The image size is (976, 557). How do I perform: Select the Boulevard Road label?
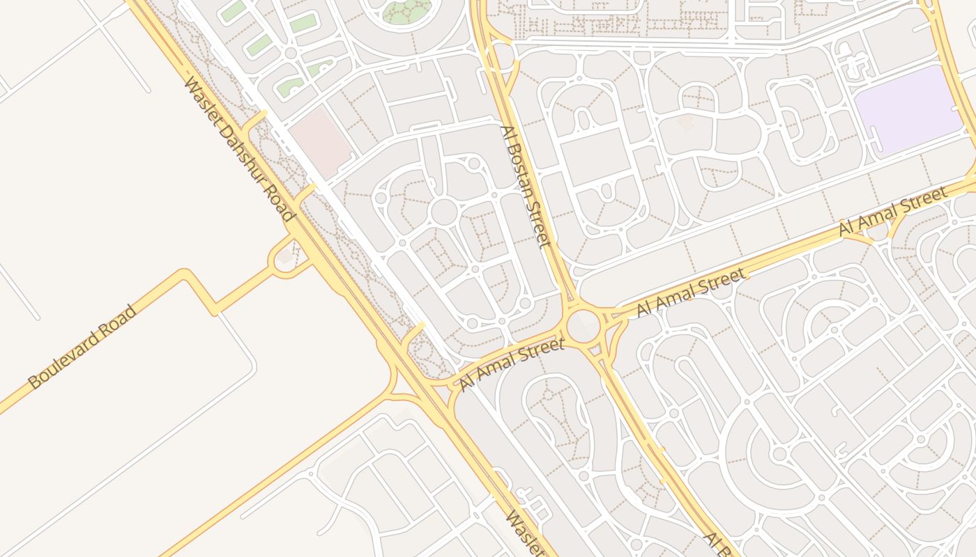pos(83,346)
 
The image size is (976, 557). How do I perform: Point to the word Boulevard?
pos(66,359)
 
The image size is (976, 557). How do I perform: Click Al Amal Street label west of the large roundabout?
pos(512,363)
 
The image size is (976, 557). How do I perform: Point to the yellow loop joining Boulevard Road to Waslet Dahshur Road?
pos(284,258)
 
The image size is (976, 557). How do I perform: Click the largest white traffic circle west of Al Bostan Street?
pos(443,211)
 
